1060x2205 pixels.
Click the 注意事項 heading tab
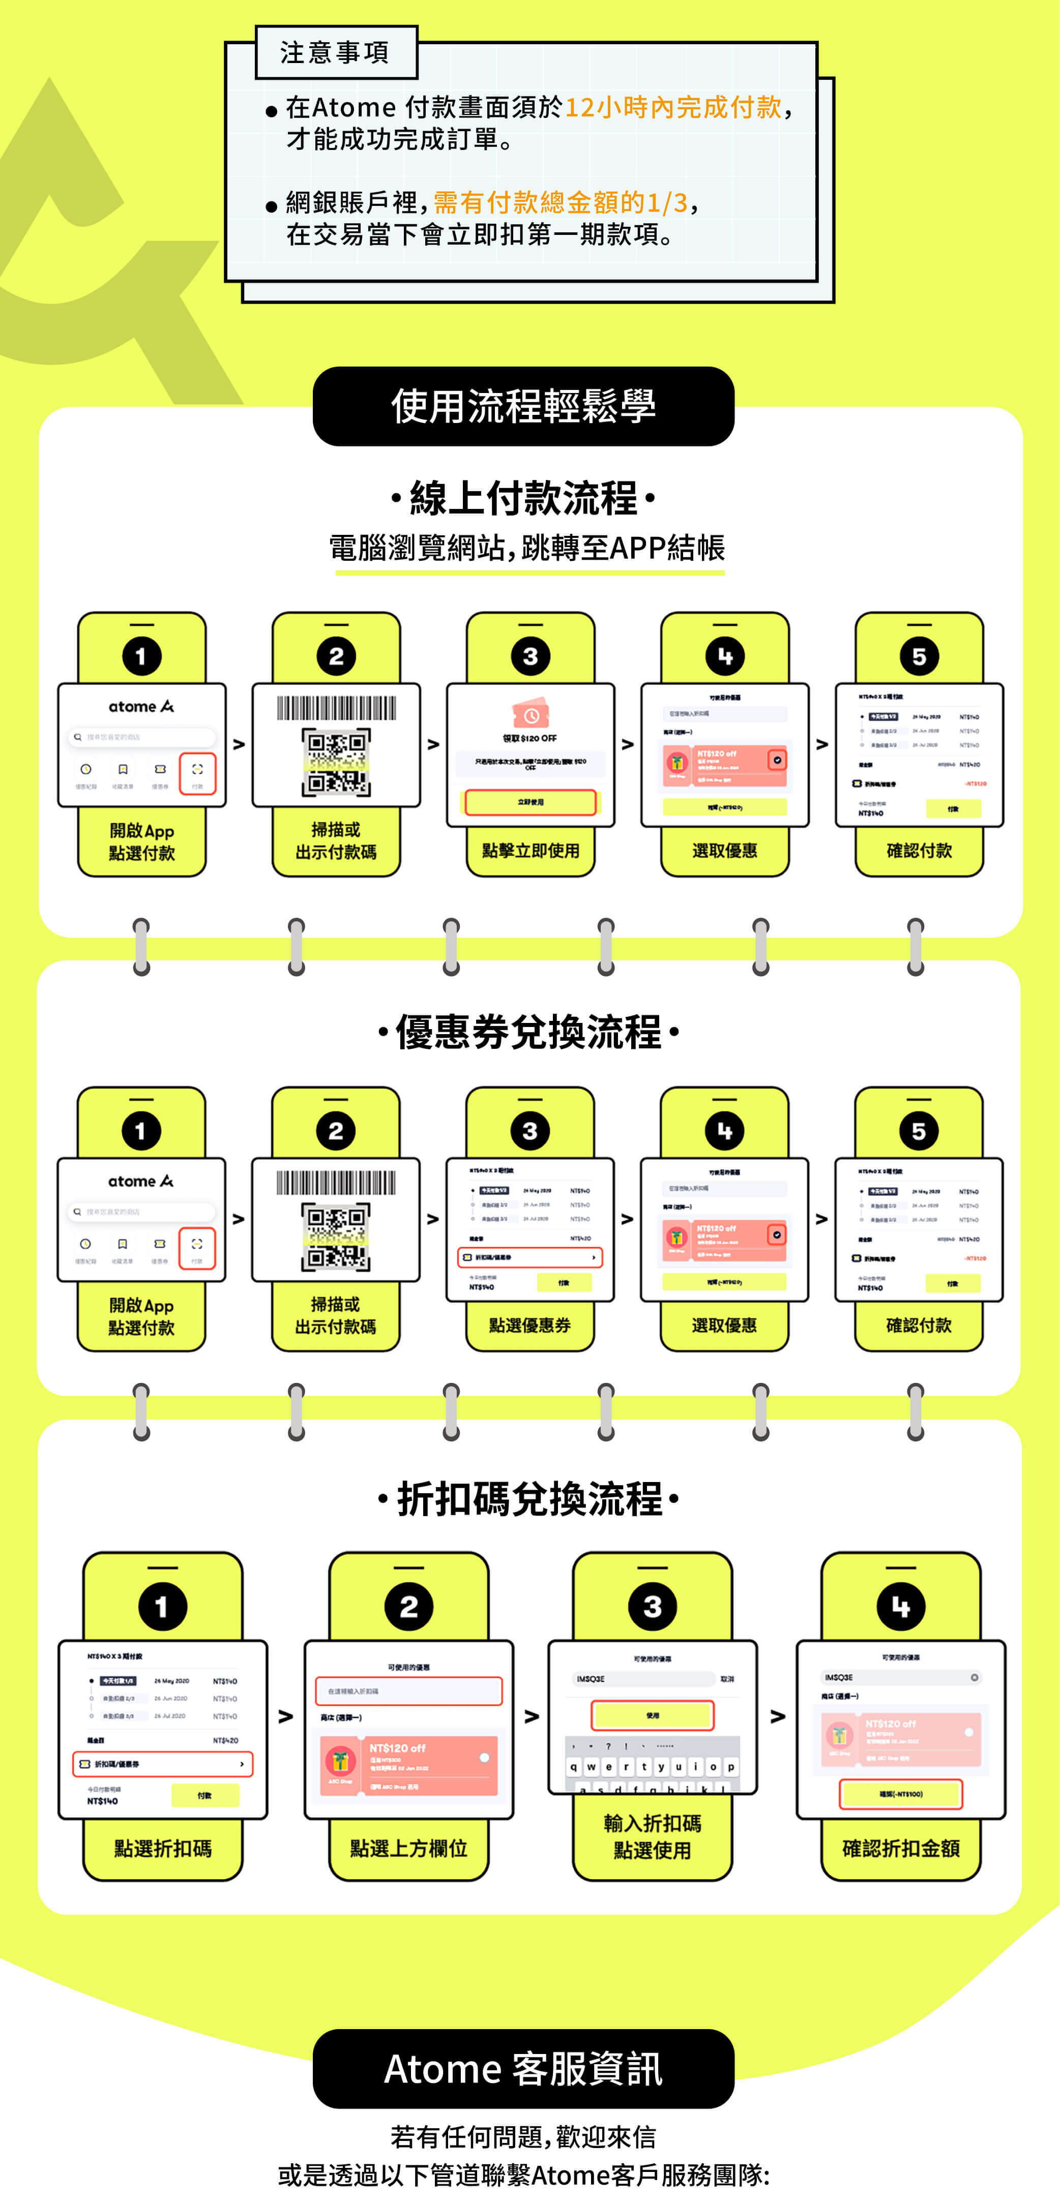(336, 53)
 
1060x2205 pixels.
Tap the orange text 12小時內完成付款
(673, 107)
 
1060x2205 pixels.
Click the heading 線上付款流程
(523, 498)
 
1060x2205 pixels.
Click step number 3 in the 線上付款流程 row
(530, 656)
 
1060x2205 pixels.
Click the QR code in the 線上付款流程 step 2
(336, 762)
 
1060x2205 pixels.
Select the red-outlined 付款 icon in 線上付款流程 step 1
(197, 773)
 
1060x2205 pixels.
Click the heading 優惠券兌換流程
(528, 1032)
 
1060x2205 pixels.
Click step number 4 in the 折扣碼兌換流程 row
(901, 1607)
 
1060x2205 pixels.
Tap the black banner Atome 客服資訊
(523, 2069)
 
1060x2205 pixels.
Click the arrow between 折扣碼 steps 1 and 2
(286, 1716)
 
